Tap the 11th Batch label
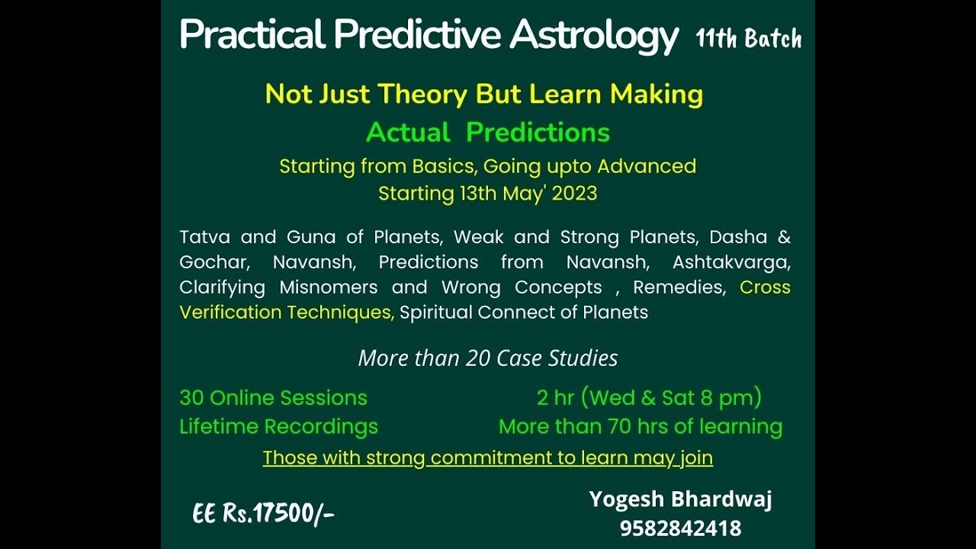(748, 39)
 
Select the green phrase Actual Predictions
(488, 133)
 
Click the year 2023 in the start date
(574, 194)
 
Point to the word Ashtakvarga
(731, 262)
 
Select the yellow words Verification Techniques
(287, 313)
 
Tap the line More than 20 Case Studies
(488, 358)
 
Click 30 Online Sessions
(273, 398)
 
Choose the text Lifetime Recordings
(278, 427)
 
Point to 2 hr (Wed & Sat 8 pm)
(649, 398)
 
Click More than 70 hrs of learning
(640, 427)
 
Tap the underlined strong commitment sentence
(488, 458)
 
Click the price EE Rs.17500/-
(263, 515)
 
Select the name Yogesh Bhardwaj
(680, 500)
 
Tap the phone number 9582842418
(680, 528)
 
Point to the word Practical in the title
(252, 35)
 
